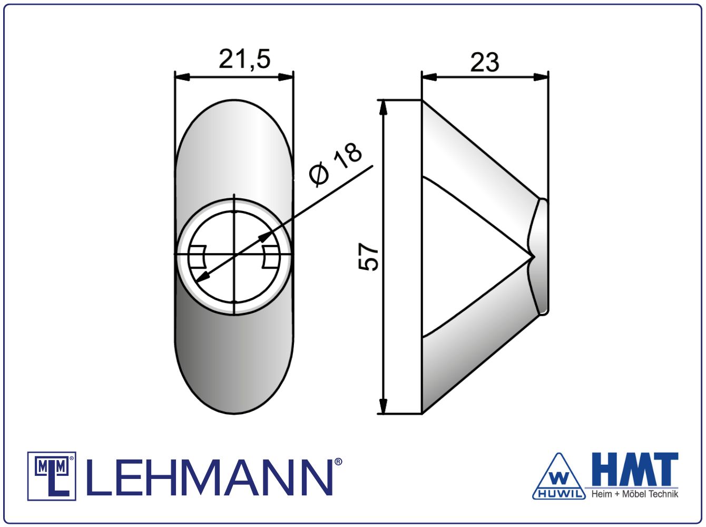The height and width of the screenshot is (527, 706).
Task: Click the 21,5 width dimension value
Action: click(244, 59)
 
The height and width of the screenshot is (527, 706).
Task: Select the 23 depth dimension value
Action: click(485, 62)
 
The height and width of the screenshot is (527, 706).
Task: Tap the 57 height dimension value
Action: click(368, 256)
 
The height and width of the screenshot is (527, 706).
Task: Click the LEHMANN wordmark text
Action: click(209, 478)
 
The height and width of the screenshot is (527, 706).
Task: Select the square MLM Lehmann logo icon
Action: click(52, 476)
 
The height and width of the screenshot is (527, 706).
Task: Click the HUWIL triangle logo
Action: click(558, 477)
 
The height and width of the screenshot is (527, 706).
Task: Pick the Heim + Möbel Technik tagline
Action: click(635, 494)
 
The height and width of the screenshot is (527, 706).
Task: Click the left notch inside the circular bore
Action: click(198, 256)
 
